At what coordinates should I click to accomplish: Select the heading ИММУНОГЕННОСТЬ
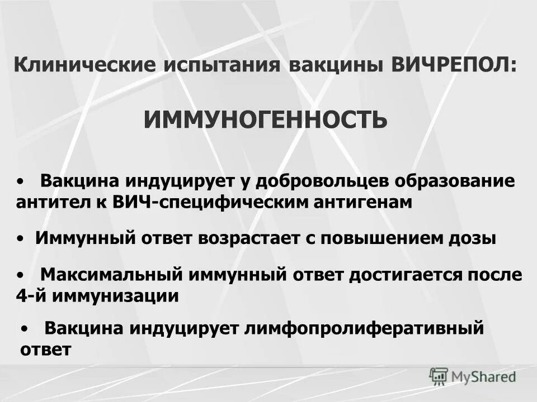(x=265, y=119)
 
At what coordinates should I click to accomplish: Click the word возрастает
(x=249, y=238)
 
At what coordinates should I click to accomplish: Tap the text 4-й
(x=31, y=295)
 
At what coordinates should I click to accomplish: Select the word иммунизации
(x=116, y=295)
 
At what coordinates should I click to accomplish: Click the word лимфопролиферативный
(x=364, y=328)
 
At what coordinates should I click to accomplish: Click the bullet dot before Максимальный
(x=20, y=275)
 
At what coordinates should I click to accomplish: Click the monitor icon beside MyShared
(x=439, y=376)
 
